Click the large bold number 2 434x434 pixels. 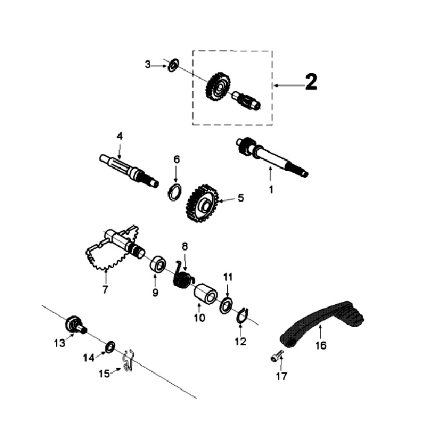[310, 82]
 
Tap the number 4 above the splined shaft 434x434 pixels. [119, 136]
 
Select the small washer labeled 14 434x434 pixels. [110, 346]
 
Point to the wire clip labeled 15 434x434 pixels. [126, 362]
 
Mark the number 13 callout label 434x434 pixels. [60, 343]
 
